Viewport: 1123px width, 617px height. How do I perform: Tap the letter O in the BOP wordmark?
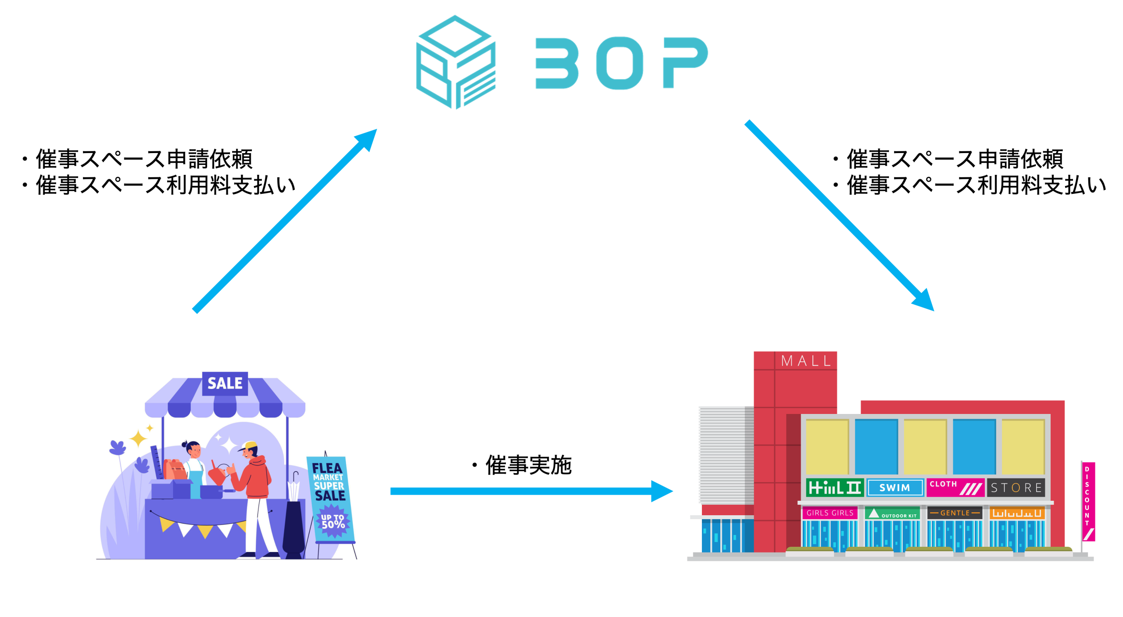pyautogui.click(x=619, y=63)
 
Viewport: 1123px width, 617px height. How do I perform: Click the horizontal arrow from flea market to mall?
pyautogui.click(x=526, y=491)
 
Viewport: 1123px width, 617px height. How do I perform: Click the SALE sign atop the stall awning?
pyautogui.click(x=225, y=383)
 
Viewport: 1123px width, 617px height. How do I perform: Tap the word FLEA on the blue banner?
pyautogui.click(x=327, y=468)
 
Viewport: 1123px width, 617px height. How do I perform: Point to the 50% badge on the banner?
pyautogui.click(x=333, y=522)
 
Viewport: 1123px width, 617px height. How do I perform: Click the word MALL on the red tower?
pyautogui.click(x=806, y=361)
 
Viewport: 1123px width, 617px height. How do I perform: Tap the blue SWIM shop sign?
pyautogui.click(x=894, y=488)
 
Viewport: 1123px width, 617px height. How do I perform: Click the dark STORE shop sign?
pyautogui.click(x=1016, y=488)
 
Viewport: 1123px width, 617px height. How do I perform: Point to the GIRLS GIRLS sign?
pyautogui.click(x=830, y=513)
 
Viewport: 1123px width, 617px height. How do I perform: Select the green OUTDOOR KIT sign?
pyautogui.click(x=892, y=514)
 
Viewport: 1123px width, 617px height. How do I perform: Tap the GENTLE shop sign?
pyautogui.click(x=955, y=513)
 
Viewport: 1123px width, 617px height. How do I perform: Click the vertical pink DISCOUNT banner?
pyautogui.click(x=1088, y=500)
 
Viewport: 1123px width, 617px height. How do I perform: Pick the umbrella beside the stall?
pyautogui.click(x=294, y=491)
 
